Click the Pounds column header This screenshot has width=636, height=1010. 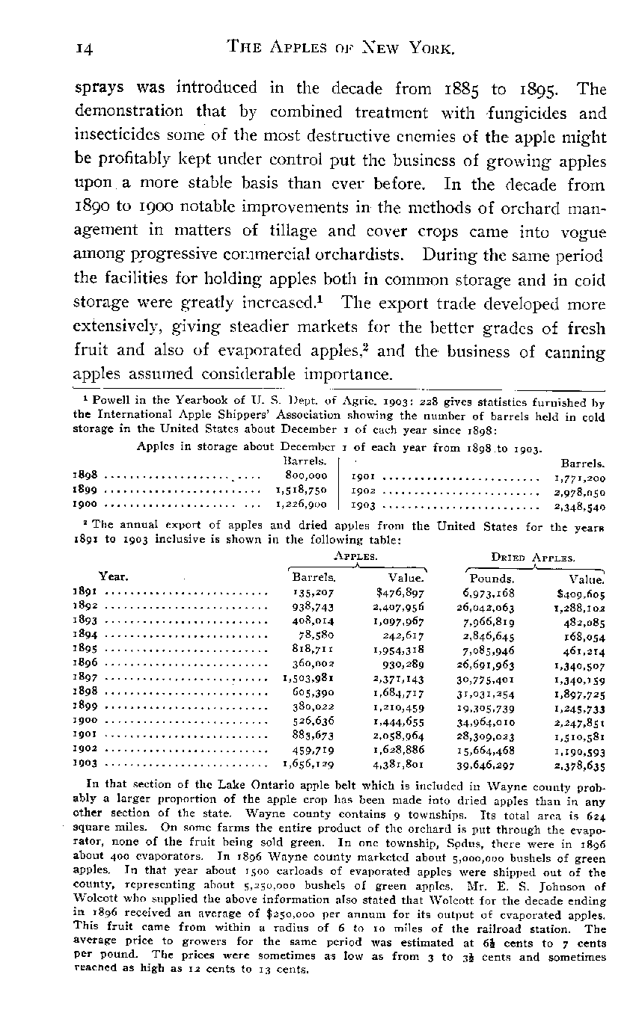click(492, 578)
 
